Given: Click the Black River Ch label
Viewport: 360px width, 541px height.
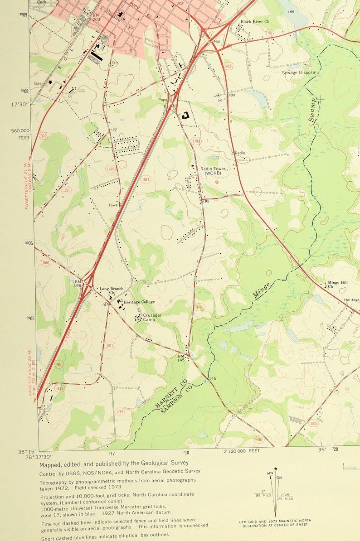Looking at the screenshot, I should pos(255,21).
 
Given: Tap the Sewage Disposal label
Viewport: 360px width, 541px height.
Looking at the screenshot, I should pos(299,72).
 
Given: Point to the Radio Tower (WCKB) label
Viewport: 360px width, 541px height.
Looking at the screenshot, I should pos(214,171).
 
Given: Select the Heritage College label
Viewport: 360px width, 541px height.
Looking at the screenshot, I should pos(140,302).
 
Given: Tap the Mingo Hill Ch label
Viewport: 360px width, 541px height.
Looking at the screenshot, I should pos(337,284).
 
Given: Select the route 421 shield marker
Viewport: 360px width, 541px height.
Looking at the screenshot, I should pos(228,66).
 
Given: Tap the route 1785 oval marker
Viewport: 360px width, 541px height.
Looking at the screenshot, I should pos(110,169).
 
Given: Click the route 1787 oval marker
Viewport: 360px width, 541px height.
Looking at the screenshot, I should pos(120,411).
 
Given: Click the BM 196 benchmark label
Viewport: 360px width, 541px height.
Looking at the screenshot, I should pos(78,284).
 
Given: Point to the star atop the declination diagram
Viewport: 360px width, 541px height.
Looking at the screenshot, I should pos(275,469).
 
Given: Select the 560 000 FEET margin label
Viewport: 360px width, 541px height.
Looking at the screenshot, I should pos(20,133).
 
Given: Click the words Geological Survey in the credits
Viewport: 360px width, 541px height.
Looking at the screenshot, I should pos(163,463).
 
